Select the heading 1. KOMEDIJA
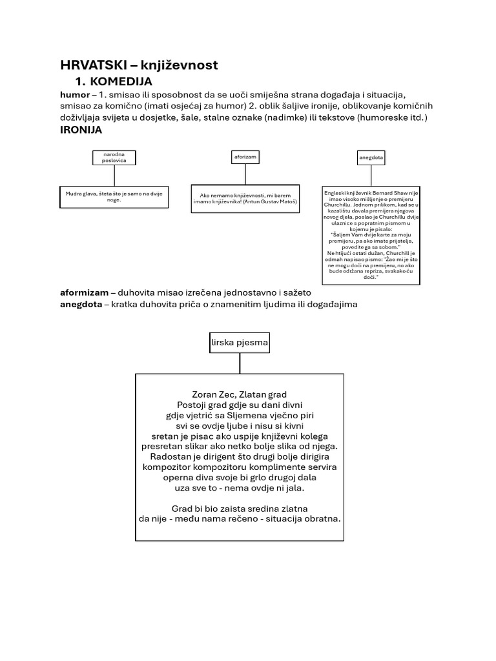click(114, 81)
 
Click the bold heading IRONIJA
click(81, 130)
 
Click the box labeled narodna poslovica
click(114, 157)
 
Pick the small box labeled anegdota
click(371, 157)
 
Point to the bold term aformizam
click(84, 292)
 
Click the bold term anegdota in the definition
click(81, 303)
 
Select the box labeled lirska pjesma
click(240, 342)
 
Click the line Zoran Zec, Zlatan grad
click(240, 394)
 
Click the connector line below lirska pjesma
click(240, 363)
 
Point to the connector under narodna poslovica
click(114, 175)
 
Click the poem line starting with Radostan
click(240, 456)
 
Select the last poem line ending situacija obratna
click(240, 518)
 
